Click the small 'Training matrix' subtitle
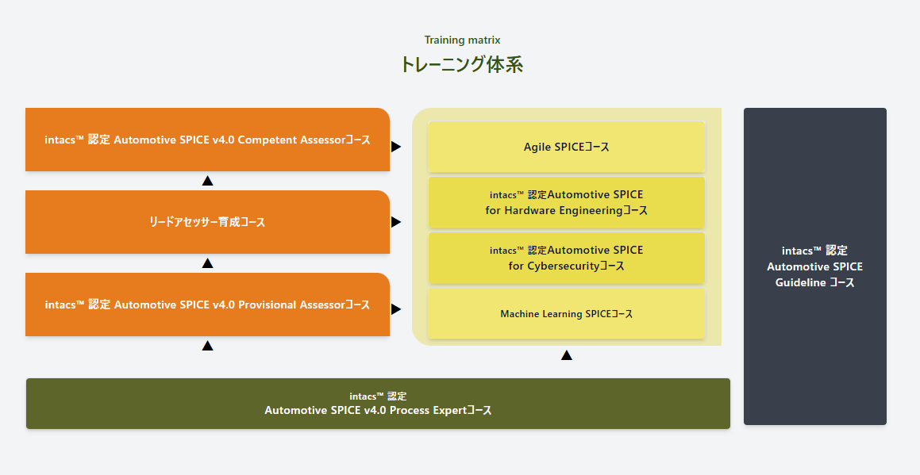tap(462, 40)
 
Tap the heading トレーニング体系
tap(462, 65)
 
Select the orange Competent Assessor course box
tap(207, 140)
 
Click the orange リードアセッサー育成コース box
tap(207, 222)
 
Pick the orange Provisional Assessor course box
tap(207, 305)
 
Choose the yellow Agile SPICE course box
tap(566, 147)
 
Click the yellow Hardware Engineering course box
tap(566, 203)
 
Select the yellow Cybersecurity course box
tap(566, 258)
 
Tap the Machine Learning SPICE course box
tap(566, 314)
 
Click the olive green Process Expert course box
tap(378, 404)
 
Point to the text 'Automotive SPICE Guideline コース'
tap(814, 267)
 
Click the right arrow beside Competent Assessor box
tap(396, 147)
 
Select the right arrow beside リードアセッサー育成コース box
tap(396, 222)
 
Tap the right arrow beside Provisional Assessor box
tap(396, 309)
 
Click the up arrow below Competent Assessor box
tap(207, 181)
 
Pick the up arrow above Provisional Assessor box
tap(207, 263)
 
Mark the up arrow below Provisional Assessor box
tap(207, 346)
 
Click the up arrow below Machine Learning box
tap(566, 355)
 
